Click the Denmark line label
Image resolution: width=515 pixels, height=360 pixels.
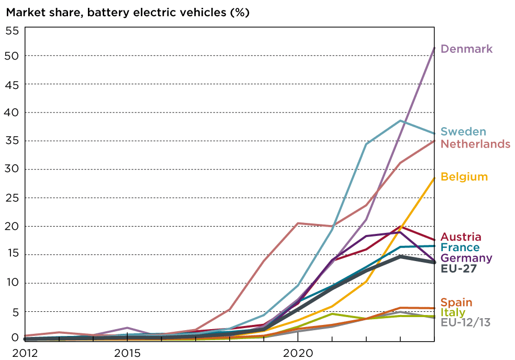point(466,49)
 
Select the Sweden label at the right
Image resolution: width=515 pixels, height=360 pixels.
point(463,132)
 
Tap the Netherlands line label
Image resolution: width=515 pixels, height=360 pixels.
point(475,144)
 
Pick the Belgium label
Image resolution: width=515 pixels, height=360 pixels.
point(464,177)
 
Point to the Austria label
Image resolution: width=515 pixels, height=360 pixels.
point(461,237)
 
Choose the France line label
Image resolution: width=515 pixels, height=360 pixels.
point(460,248)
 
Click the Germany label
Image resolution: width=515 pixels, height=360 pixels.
point(466,258)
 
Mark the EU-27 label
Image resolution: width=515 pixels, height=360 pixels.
point(458,268)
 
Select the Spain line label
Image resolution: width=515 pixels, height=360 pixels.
point(456,302)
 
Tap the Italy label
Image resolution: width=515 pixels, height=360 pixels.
point(453,312)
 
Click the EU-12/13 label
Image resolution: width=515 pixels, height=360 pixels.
point(466,322)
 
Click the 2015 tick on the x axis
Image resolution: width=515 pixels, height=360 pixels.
point(127,353)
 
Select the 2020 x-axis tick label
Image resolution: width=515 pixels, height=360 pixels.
point(298,353)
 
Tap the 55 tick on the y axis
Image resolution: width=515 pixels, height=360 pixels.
point(12,30)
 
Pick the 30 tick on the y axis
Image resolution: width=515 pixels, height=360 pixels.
point(12,169)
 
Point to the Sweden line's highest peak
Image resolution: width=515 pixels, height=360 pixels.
point(400,120)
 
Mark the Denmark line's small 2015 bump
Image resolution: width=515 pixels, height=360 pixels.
point(127,328)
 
